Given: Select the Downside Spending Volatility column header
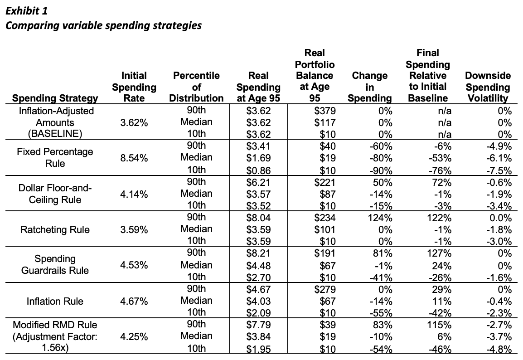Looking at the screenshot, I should point(488,87).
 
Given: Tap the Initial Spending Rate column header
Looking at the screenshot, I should point(134,87).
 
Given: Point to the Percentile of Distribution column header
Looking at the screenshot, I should point(196,87).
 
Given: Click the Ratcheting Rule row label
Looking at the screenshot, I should point(55,230).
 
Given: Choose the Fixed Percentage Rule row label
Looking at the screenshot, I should point(55,157).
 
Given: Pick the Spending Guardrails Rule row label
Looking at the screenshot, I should point(55,264).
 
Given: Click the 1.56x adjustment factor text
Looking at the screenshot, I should point(55,348).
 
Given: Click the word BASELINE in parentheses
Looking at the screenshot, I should point(55,134).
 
